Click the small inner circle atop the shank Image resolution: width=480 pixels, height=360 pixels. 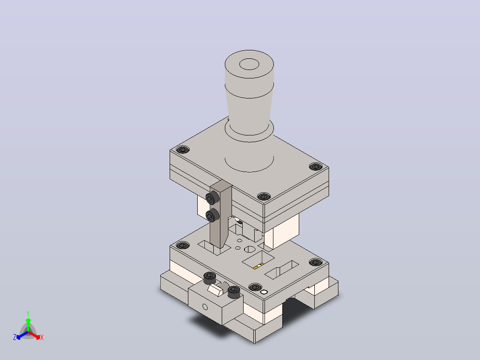pos(249,64)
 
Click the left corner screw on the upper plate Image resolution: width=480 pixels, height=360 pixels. pos(183,150)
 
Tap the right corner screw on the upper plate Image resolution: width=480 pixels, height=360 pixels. pos(316,167)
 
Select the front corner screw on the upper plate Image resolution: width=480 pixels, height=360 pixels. pos(264,196)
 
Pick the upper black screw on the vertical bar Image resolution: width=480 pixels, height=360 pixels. pos(212,198)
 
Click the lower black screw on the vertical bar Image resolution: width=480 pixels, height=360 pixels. pos(212,215)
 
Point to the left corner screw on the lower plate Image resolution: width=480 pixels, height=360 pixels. pos(183,245)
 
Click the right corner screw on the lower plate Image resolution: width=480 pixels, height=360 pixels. pos(316,262)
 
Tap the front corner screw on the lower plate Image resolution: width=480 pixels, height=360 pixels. pos(255,287)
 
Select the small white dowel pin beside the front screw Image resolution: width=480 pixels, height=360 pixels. pos(264,292)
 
